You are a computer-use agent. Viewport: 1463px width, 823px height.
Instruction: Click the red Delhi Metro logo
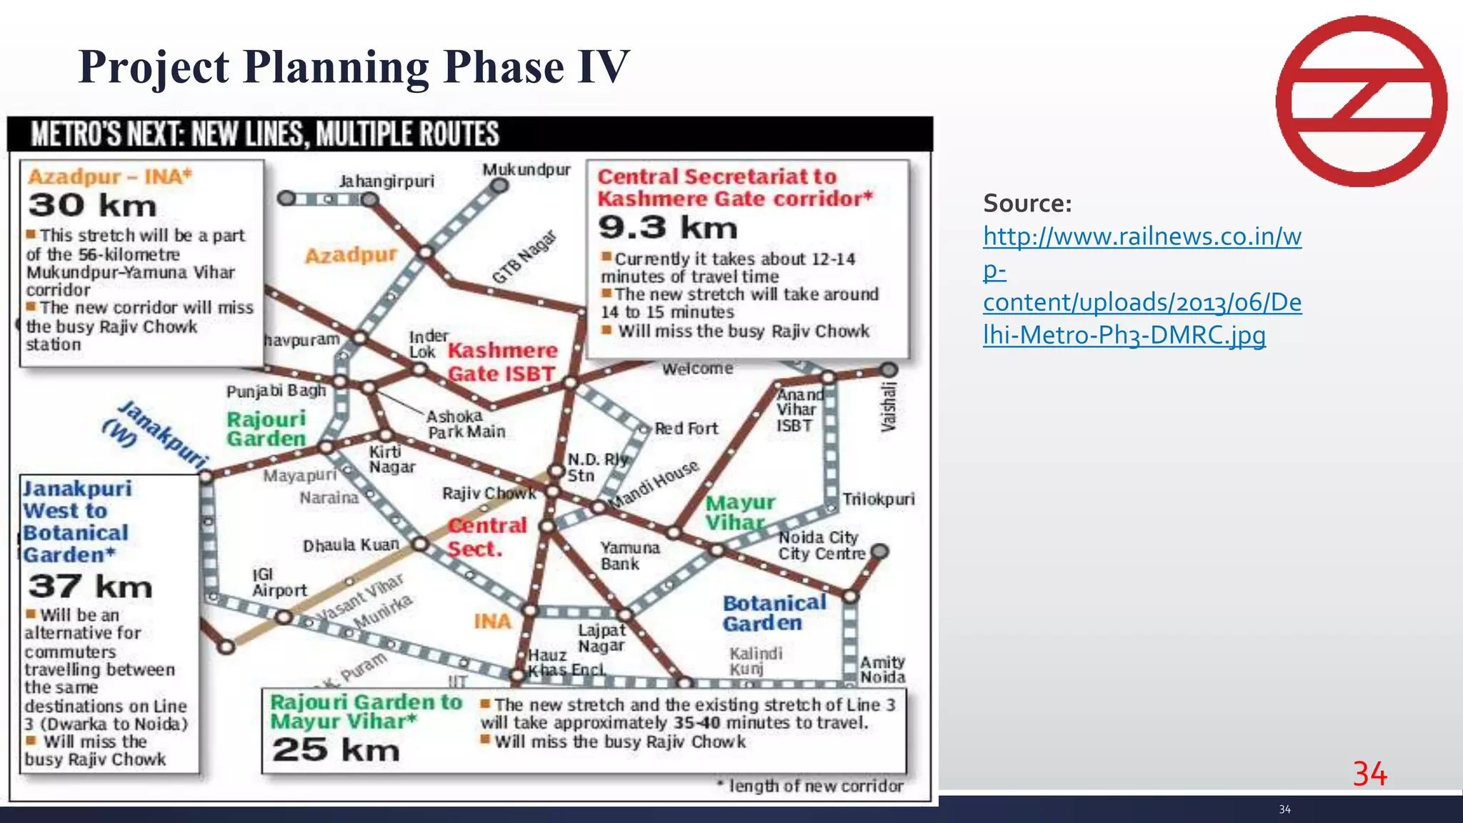tap(1361, 101)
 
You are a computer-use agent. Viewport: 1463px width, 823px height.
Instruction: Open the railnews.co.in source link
tap(1142, 286)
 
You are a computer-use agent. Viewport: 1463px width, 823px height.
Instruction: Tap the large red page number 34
tap(1369, 774)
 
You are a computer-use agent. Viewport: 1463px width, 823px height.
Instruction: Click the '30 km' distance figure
tap(92, 206)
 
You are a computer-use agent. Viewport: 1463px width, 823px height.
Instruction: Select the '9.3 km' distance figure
tap(668, 228)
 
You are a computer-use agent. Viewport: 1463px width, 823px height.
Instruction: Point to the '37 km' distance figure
tap(90, 587)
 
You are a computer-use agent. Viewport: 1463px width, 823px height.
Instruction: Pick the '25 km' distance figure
tap(335, 750)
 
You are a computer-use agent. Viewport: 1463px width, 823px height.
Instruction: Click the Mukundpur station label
tap(526, 170)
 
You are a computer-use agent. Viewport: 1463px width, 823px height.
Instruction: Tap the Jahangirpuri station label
tap(386, 181)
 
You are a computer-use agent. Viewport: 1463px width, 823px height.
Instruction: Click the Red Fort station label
tap(686, 429)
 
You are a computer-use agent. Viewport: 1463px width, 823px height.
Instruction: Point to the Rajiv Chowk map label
tap(489, 494)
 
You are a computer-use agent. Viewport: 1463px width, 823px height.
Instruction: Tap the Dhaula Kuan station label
tap(351, 546)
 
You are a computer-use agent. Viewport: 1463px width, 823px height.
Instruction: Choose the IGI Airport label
tap(279, 583)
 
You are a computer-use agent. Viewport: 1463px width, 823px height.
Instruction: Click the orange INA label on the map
tap(492, 622)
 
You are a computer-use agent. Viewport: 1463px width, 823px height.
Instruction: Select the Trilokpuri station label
tap(878, 499)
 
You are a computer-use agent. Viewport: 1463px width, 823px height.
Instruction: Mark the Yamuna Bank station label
tap(629, 556)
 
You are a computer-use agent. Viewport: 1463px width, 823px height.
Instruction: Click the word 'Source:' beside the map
tap(1027, 204)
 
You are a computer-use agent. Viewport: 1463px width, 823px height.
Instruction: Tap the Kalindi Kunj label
tap(755, 661)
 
